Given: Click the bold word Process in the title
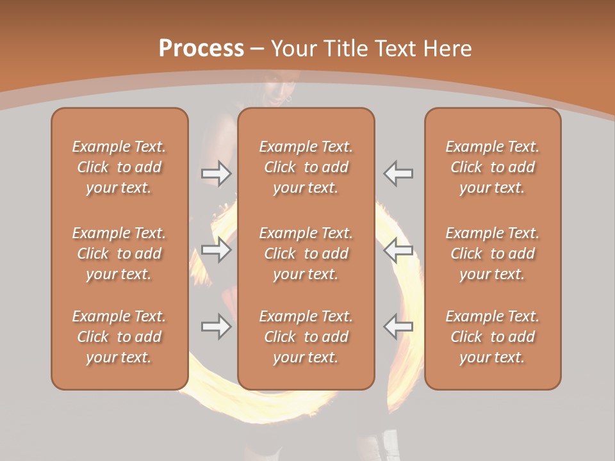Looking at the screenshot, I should [201, 49].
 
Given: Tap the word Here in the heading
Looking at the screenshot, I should [447, 49].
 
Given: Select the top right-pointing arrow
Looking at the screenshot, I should [217, 174].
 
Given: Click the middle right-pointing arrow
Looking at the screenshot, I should [217, 250].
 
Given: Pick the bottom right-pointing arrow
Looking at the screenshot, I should [217, 327].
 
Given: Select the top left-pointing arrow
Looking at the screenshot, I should [398, 174].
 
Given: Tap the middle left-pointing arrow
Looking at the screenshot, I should [398, 250].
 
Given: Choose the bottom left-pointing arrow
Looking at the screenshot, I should [398, 327].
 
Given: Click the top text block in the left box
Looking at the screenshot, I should [119, 167].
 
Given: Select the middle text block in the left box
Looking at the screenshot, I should [119, 254].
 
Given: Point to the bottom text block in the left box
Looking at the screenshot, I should [119, 337].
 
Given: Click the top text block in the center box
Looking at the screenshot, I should [306, 167].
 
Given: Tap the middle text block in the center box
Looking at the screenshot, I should [306, 254].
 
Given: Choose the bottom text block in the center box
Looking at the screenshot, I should [306, 337].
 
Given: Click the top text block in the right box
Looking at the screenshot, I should [493, 167].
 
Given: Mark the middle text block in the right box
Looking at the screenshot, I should [493, 254].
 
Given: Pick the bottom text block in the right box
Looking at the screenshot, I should [493, 337].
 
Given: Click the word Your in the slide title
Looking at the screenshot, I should [295, 49].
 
